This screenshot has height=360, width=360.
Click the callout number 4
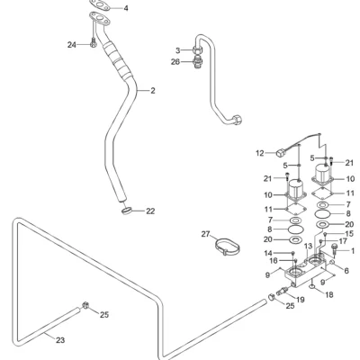pos(126,8)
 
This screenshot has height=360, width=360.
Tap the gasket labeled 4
pos(99,4)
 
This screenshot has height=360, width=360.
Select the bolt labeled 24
pos(93,42)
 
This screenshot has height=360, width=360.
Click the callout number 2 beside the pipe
pos(153,90)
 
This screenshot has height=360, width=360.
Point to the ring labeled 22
pos(127,211)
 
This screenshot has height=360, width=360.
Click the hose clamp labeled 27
pos(228,247)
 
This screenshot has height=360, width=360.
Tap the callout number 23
pos(60,340)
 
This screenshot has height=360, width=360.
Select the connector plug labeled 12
pos(281,154)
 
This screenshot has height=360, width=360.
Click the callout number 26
pos(175,62)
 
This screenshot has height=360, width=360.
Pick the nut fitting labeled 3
pos(196,50)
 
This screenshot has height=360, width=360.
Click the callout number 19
pos(301,300)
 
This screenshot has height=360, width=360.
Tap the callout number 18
pos(329,295)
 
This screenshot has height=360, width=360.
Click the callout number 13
pos(308,247)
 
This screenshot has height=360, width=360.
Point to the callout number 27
pos(205,234)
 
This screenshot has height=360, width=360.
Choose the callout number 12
pos(260,153)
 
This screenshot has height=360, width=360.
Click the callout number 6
pos(346,271)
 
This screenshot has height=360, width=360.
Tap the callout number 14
pos(268,254)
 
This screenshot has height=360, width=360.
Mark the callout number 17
pos(343,241)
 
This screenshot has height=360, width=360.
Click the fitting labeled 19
pos(283,291)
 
